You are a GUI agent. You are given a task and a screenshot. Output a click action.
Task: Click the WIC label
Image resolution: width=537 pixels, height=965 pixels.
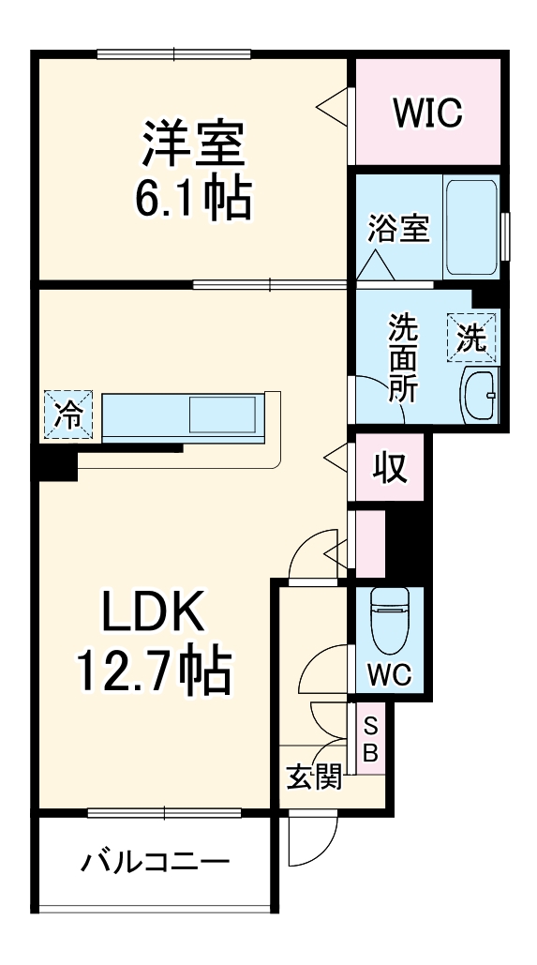(x=426, y=113)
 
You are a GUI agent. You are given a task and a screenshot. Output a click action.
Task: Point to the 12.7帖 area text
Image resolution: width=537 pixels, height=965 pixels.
(x=153, y=669)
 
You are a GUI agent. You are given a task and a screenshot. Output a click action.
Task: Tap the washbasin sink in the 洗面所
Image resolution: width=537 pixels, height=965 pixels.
(x=480, y=395)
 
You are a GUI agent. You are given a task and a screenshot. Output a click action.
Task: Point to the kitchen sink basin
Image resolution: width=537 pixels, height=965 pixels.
(x=223, y=413)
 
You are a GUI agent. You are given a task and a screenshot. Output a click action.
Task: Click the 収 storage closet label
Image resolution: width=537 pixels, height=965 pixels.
(x=390, y=466)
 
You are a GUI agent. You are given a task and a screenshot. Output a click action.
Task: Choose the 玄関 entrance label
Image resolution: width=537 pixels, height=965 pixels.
(x=313, y=777)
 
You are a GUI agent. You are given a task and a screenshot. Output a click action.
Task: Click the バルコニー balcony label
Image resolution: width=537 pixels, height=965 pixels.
(x=155, y=861)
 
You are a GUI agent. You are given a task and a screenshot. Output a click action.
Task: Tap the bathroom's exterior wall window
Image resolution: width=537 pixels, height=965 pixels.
(x=504, y=234)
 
